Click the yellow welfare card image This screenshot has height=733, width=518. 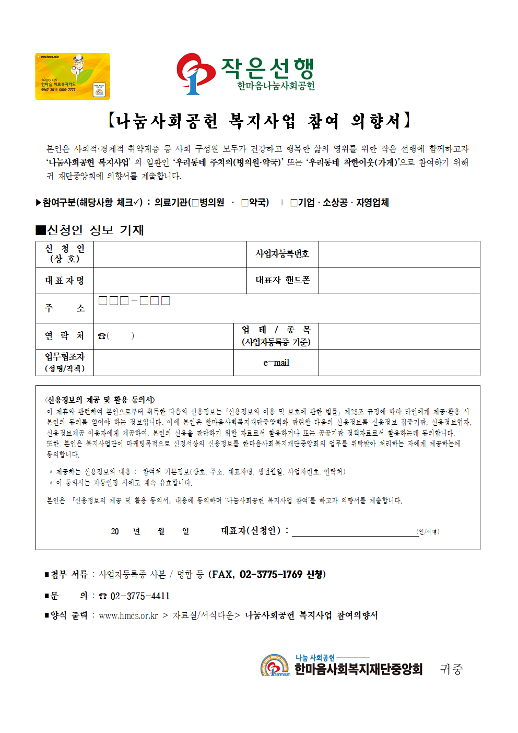click(x=73, y=76)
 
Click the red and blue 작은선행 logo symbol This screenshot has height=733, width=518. click(x=195, y=73)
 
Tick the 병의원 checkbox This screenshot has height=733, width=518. click(x=195, y=203)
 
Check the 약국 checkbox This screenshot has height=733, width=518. click(x=245, y=203)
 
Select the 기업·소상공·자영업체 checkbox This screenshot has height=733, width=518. click(x=294, y=203)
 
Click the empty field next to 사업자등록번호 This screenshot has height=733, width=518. click(x=399, y=254)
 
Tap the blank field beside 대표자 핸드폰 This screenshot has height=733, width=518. click(x=399, y=281)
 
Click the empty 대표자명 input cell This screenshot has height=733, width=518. click(x=170, y=281)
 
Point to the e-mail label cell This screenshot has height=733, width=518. click(x=276, y=363)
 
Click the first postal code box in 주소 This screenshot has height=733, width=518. click(x=103, y=300)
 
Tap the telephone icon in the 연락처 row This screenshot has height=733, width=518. click(x=101, y=336)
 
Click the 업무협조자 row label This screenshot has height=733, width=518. click(x=65, y=362)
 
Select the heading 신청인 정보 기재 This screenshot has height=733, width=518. click(x=90, y=230)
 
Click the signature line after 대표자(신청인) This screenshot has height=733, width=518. click(x=355, y=532)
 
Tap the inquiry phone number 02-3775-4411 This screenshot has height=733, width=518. click(x=140, y=596)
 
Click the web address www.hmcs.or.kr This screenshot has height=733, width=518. click(x=128, y=615)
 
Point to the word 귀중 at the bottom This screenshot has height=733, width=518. click(x=451, y=669)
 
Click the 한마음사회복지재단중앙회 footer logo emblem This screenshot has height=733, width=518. click(x=275, y=666)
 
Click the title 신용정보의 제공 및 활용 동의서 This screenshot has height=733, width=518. click(x=100, y=400)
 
